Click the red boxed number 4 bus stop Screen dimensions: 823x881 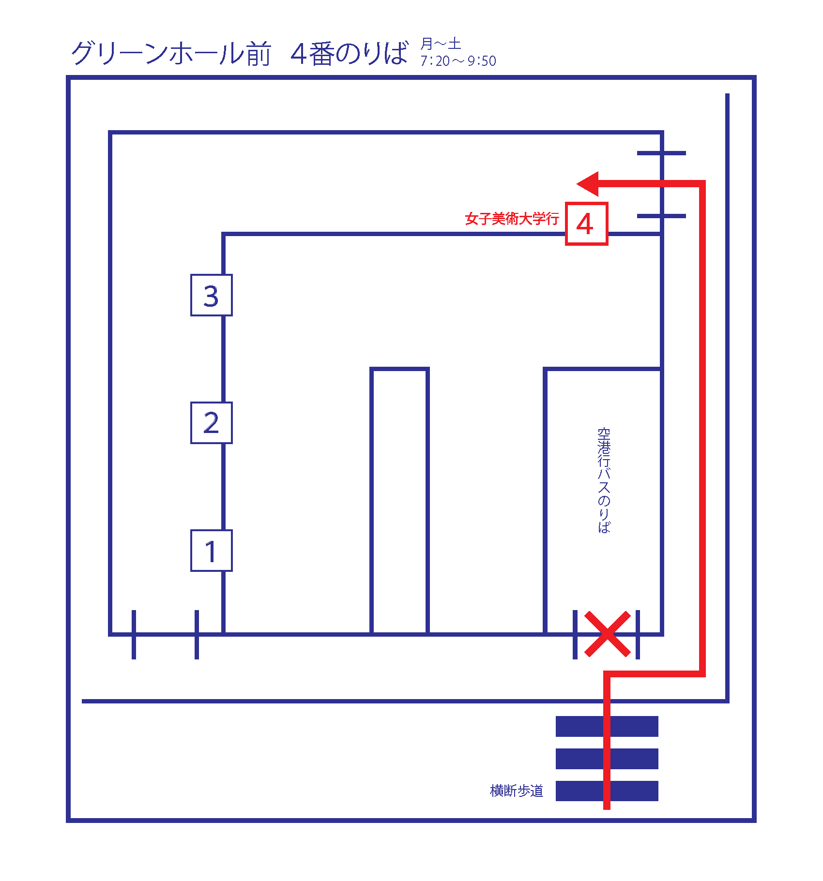(586, 224)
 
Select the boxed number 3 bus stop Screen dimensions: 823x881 (212, 295)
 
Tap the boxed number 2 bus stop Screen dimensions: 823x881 (212, 423)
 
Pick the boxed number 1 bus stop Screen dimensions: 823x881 (212, 551)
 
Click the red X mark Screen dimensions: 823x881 (607, 634)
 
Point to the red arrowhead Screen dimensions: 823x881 (588, 184)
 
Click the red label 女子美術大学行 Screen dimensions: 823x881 (512, 219)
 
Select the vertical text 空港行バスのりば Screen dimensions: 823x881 (604, 480)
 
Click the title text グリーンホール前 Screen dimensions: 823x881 (171, 53)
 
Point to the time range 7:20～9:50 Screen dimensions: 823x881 (458, 61)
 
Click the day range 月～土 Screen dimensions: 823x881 (441, 44)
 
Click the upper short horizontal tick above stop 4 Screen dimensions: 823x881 (661, 153)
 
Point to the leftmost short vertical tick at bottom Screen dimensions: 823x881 (134, 635)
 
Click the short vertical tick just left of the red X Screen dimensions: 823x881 (575, 635)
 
